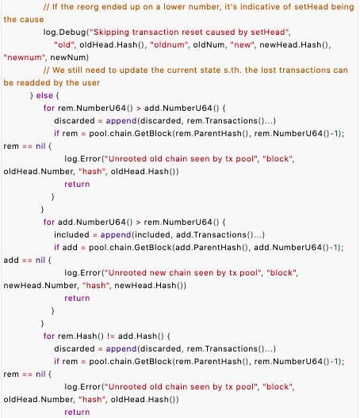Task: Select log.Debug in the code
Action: (x=65, y=32)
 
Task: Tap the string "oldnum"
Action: (x=167, y=45)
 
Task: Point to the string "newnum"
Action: (x=23, y=57)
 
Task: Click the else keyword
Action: (x=44, y=96)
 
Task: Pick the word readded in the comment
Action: (x=33, y=83)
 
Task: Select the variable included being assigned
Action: (x=71, y=235)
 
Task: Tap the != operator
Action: (x=111, y=336)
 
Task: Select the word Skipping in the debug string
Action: (x=111, y=32)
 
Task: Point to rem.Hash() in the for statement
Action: (x=81, y=336)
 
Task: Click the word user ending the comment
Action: (x=91, y=83)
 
